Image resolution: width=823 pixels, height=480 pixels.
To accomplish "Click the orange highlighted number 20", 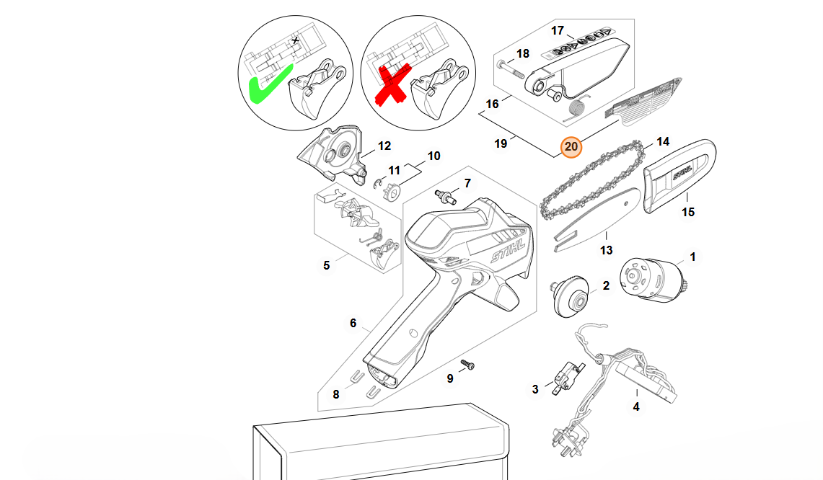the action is (571, 147).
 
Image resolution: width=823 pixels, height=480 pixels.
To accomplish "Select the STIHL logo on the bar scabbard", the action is (682, 173).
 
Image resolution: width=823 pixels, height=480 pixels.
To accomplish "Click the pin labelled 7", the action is (446, 197).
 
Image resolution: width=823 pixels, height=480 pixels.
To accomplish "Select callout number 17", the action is (558, 30).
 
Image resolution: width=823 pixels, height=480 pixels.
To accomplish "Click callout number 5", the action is (327, 265).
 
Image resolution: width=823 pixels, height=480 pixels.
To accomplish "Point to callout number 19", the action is (501, 143).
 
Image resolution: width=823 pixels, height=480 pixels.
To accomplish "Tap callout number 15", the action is (688, 212).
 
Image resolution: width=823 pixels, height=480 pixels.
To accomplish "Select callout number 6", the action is (353, 323).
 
